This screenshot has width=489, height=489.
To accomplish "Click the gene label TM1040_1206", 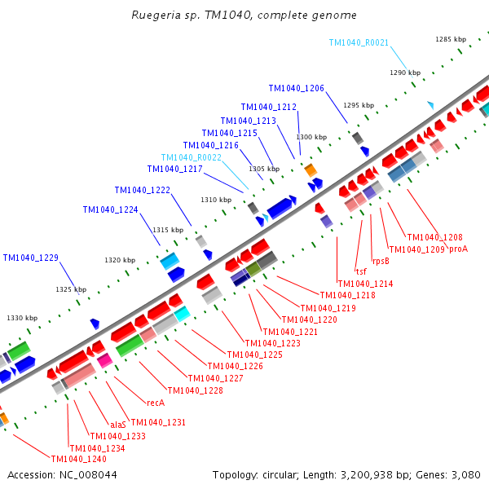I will click(297, 88).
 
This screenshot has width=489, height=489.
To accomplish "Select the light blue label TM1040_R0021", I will click(359, 42).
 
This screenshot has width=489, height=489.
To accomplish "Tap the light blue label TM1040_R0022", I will click(192, 157).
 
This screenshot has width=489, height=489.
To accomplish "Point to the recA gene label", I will click(156, 403).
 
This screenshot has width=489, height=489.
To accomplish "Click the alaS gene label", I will click(118, 424).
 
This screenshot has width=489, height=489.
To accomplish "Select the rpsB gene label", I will click(381, 262).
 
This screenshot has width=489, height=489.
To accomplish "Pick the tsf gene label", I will click(361, 271).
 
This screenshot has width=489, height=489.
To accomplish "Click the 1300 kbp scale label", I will click(311, 137).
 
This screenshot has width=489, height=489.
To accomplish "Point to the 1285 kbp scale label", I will click(451, 39).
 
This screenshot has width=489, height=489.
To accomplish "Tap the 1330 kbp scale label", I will click(22, 318).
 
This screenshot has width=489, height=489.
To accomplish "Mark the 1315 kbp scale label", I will click(166, 230).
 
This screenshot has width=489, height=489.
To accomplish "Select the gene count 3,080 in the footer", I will click(465, 474).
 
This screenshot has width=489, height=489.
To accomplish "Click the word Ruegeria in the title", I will click(155, 15).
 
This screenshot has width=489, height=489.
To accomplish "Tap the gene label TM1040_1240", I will click(78, 459).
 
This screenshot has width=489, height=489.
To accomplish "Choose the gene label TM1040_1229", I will click(31, 258).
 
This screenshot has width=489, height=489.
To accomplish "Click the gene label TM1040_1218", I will click(347, 295).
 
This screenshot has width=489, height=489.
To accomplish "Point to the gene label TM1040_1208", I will click(434, 237).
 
